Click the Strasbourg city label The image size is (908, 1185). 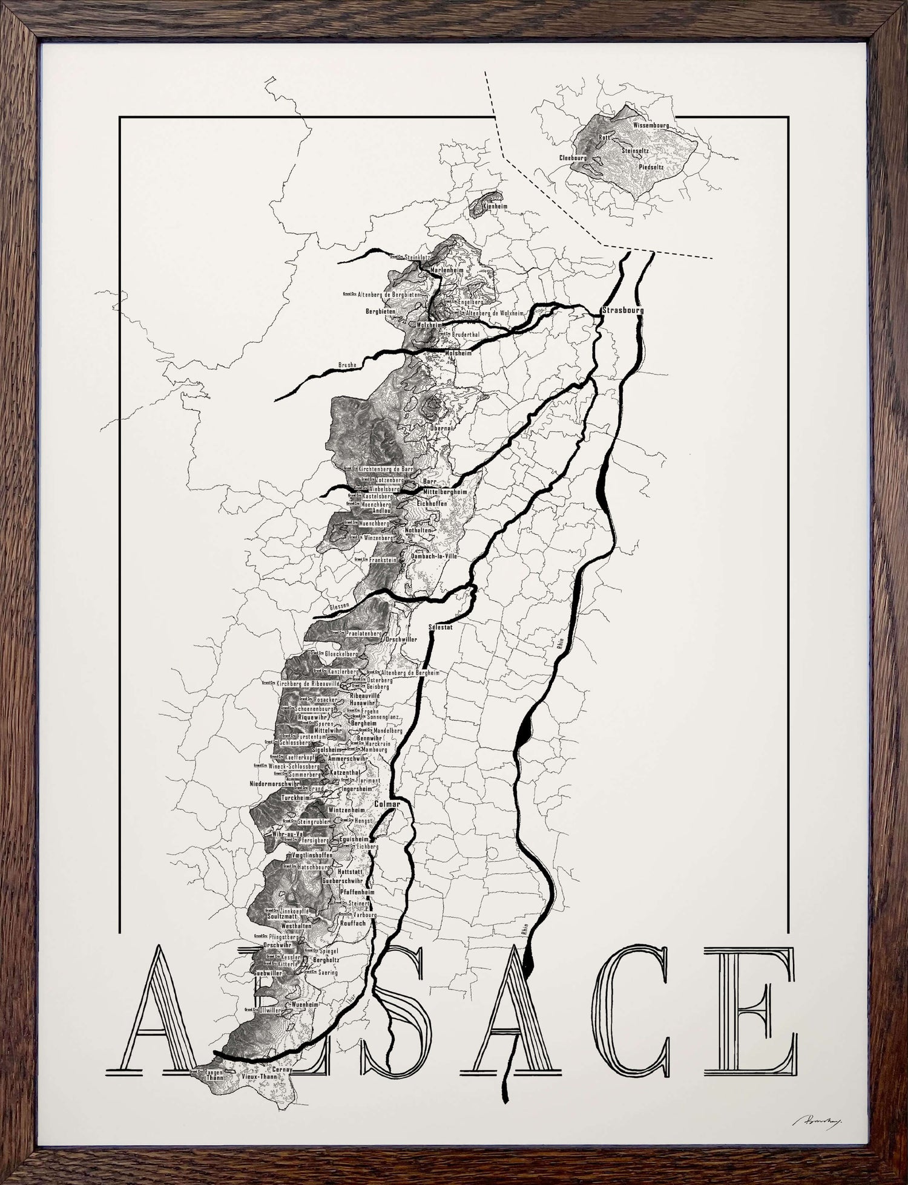point(622,310)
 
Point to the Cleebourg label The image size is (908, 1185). point(573,157)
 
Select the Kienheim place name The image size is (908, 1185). point(496,206)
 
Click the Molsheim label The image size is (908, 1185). point(458,353)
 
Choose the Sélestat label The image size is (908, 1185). point(441,628)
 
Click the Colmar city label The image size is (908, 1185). point(387,804)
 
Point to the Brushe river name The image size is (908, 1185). point(347,365)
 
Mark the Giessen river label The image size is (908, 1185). point(337,606)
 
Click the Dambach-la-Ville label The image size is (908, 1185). point(434,555)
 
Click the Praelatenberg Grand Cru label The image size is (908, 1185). point(364,633)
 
